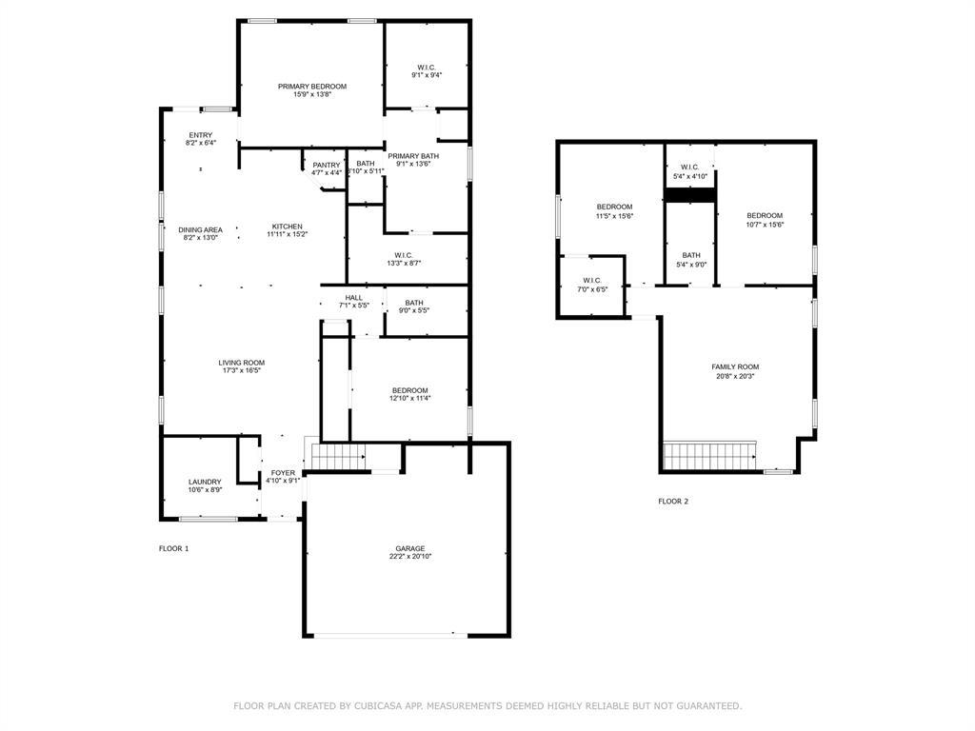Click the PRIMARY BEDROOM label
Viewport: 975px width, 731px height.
point(312,87)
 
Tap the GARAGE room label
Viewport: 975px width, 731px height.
point(410,548)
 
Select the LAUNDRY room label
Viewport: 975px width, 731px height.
point(205,482)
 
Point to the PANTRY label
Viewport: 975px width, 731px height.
point(326,165)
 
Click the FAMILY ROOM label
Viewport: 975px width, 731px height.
point(735,366)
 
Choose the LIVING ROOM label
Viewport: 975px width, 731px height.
point(241,363)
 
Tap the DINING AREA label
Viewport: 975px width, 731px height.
point(200,229)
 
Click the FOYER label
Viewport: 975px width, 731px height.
point(283,473)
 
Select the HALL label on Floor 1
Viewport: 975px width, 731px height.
point(353,298)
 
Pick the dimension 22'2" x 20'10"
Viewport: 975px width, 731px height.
point(410,557)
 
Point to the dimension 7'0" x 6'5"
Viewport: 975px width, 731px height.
point(593,288)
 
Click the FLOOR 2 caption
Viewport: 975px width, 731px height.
point(672,501)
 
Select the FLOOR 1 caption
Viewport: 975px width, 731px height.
point(173,548)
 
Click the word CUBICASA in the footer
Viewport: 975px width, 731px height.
point(375,706)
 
